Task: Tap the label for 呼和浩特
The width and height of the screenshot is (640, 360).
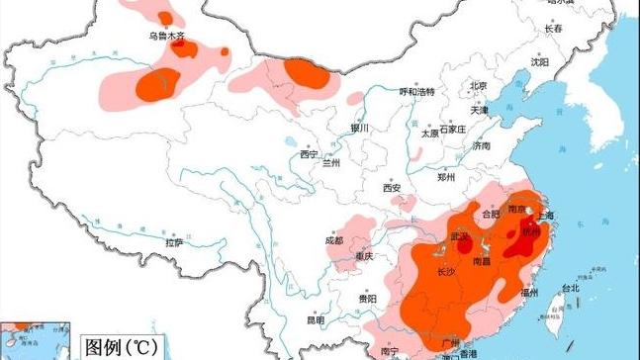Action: [417, 91]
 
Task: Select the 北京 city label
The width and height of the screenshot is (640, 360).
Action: [479, 85]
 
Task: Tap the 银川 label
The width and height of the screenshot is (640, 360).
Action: [359, 129]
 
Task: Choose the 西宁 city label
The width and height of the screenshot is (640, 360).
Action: [309, 154]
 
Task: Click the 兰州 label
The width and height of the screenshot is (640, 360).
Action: [331, 163]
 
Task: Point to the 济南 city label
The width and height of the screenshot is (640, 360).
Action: [482, 145]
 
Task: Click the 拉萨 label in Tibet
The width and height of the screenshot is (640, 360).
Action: [174, 242]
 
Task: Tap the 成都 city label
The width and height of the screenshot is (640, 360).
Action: [333, 240]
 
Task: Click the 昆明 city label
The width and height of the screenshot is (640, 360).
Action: [316, 319]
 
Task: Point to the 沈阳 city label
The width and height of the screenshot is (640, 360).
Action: [539, 61]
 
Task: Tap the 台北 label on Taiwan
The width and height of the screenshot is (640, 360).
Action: [572, 289]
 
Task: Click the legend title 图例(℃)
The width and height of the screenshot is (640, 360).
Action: [118, 347]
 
